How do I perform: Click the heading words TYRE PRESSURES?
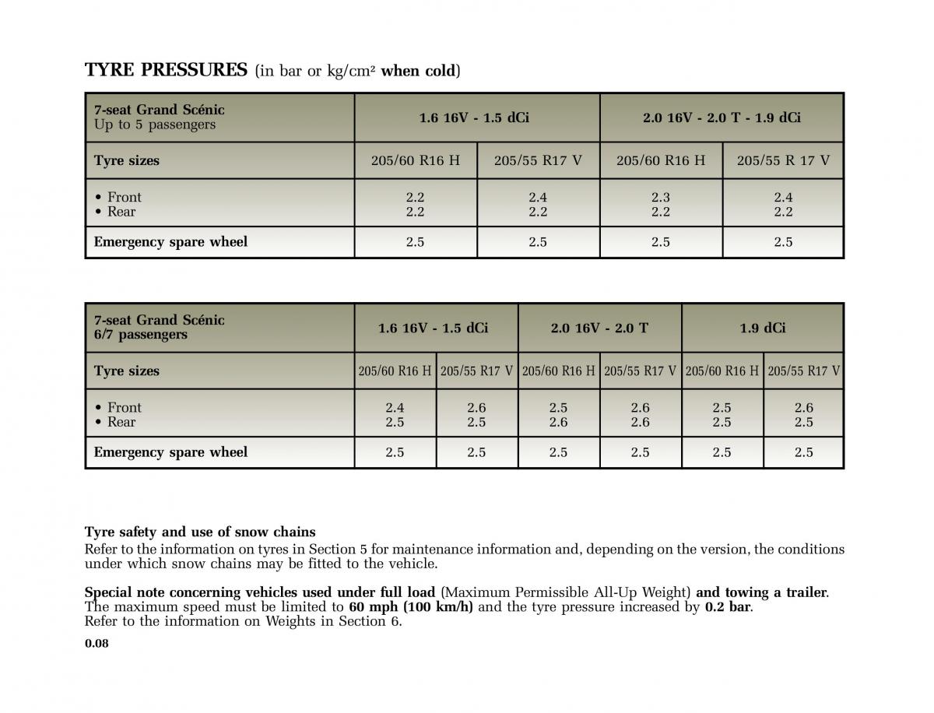[x=166, y=70]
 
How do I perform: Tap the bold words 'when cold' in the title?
[x=418, y=71]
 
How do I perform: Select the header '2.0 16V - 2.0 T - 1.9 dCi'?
[x=722, y=118]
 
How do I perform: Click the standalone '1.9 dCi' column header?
[x=763, y=328]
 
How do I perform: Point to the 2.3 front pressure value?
[x=660, y=197]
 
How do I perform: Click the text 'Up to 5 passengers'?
[x=155, y=125]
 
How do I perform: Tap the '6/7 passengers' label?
[x=141, y=335]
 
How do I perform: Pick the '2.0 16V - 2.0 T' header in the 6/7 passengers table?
[x=599, y=328]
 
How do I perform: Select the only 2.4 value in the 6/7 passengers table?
[x=395, y=407]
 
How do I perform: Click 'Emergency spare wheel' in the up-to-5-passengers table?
[x=170, y=242]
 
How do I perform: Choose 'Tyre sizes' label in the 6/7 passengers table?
[x=127, y=371]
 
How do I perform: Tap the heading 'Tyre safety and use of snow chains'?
[x=200, y=532]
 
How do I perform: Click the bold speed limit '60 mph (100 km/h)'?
[x=410, y=607]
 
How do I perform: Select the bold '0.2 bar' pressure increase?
[x=728, y=607]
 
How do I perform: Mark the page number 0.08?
[x=97, y=643]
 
